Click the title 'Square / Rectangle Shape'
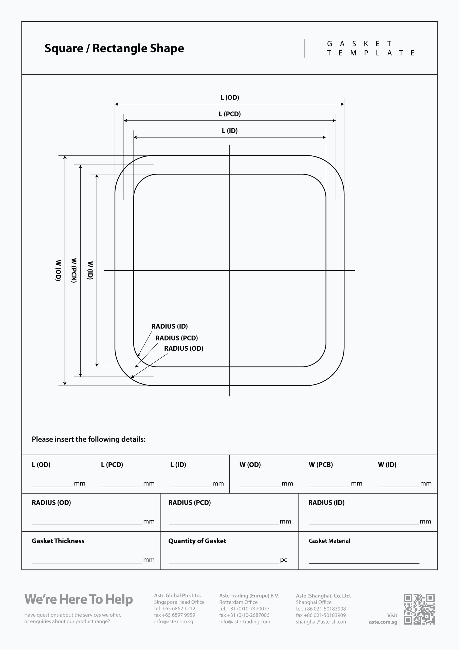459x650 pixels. pyautogui.click(x=114, y=48)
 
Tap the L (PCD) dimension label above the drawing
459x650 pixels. pyautogui.click(x=230, y=114)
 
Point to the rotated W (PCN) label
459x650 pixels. pyautogui.click(x=74, y=270)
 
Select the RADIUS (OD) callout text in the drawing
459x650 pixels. pyautogui.click(x=184, y=349)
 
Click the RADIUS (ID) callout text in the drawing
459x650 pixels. pyautogui.click(x=170, y=327)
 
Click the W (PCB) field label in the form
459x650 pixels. pyautogui.click(x=321, y=465)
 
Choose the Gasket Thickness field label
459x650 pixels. pyautogui.click(x=58, y=541)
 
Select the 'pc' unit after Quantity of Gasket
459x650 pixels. pyautogui.click(x=283, y=560)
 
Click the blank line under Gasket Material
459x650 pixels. pyautogui.click(x=364, y=563)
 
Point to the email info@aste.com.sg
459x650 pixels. pyautogui.click(x=174, y=622)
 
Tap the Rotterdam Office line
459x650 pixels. pyautogui.click(x=238, y=602)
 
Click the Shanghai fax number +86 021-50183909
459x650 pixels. pyautogui.click(x=321, y=615)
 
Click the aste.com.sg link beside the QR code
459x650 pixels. pyautogui.click(x=383, y=622)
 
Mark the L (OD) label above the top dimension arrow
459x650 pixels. pyautogui.click(x=230, y=98)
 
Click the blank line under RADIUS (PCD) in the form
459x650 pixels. pyautogui.click(x=224, y=525)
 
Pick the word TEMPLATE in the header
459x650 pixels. pyautogui.click(x=371, y=53)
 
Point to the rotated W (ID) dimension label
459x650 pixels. pyautogui.click(x=90, y=270)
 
